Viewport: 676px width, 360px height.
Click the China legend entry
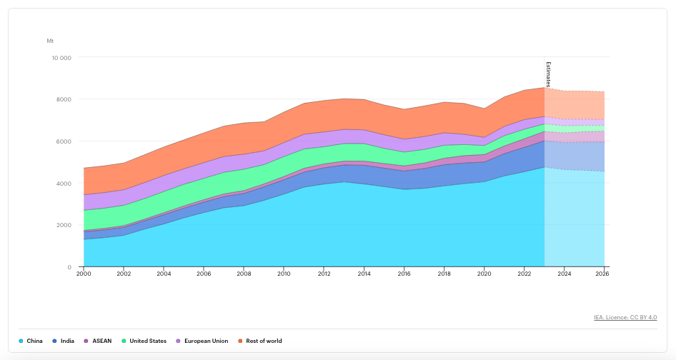pos(31,341)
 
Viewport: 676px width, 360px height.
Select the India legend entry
pos(63,341)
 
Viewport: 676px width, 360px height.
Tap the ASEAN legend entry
pos(97,341)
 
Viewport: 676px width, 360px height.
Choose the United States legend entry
pos(144,341)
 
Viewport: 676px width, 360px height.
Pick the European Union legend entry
pos(202,341)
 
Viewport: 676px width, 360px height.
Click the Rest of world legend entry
pos(259,341)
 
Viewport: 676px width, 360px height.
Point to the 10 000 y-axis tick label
pos(61,58)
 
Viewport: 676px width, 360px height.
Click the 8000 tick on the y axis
pos(64,99)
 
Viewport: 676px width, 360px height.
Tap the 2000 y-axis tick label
pos(64,226)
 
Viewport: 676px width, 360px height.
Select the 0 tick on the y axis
pos(69,267)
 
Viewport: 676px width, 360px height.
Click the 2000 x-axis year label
pos(84,274)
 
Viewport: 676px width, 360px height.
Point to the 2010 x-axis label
pos(284,274)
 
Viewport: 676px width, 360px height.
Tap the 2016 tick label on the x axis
pos(404,274)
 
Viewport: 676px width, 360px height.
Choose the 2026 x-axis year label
pos(602,274)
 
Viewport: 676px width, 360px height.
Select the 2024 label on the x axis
pos(565,274)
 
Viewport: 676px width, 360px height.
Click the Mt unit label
pos(51,41)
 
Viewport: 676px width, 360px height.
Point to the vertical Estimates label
pos(548,74)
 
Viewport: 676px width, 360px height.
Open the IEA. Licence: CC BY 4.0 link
pos(625,317)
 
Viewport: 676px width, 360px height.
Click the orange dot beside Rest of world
pos(240,341)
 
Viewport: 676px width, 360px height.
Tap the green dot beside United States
pos(124,341)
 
